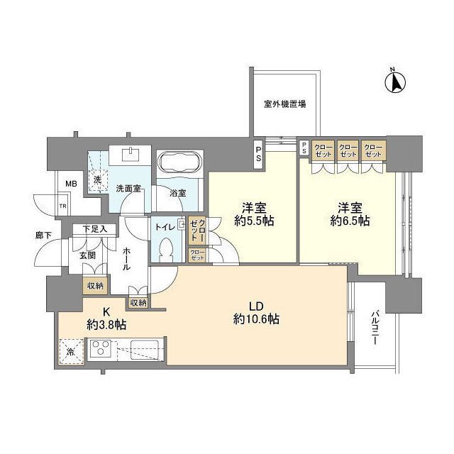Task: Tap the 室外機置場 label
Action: [284, 104]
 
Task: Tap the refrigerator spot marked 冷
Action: [70, 350]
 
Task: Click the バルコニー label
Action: [374, 328]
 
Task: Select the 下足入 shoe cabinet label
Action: [94, 229]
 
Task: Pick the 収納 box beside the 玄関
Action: [94, 286]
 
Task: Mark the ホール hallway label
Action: [126, 260]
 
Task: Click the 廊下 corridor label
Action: [44, 234]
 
